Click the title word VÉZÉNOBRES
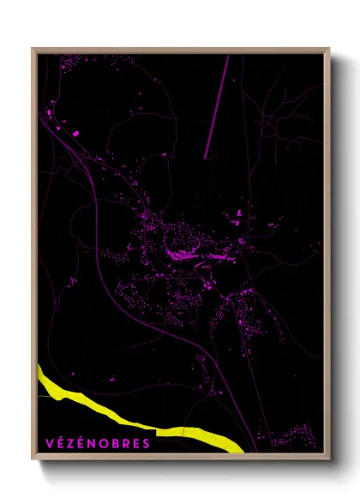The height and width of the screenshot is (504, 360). pos(98,443)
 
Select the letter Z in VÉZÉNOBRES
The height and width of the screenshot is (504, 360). pos(71,443)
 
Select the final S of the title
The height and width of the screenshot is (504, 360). pos(147,443)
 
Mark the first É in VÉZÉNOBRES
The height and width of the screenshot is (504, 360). pos(60,443)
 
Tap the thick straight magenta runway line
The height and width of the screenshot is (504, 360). pos(218,107)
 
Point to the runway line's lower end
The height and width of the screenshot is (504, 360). pos(206,159)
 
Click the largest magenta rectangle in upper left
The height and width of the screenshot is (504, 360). pos(75,133)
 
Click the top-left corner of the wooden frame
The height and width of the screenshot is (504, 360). pos(33,49)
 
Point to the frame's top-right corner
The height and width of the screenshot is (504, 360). pos(329,49)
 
